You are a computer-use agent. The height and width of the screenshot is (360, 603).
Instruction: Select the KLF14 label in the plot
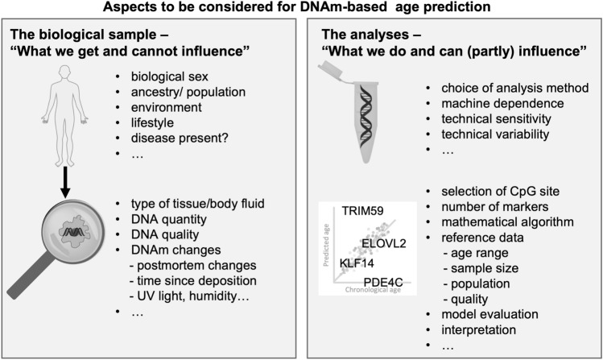click(355, 263)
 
